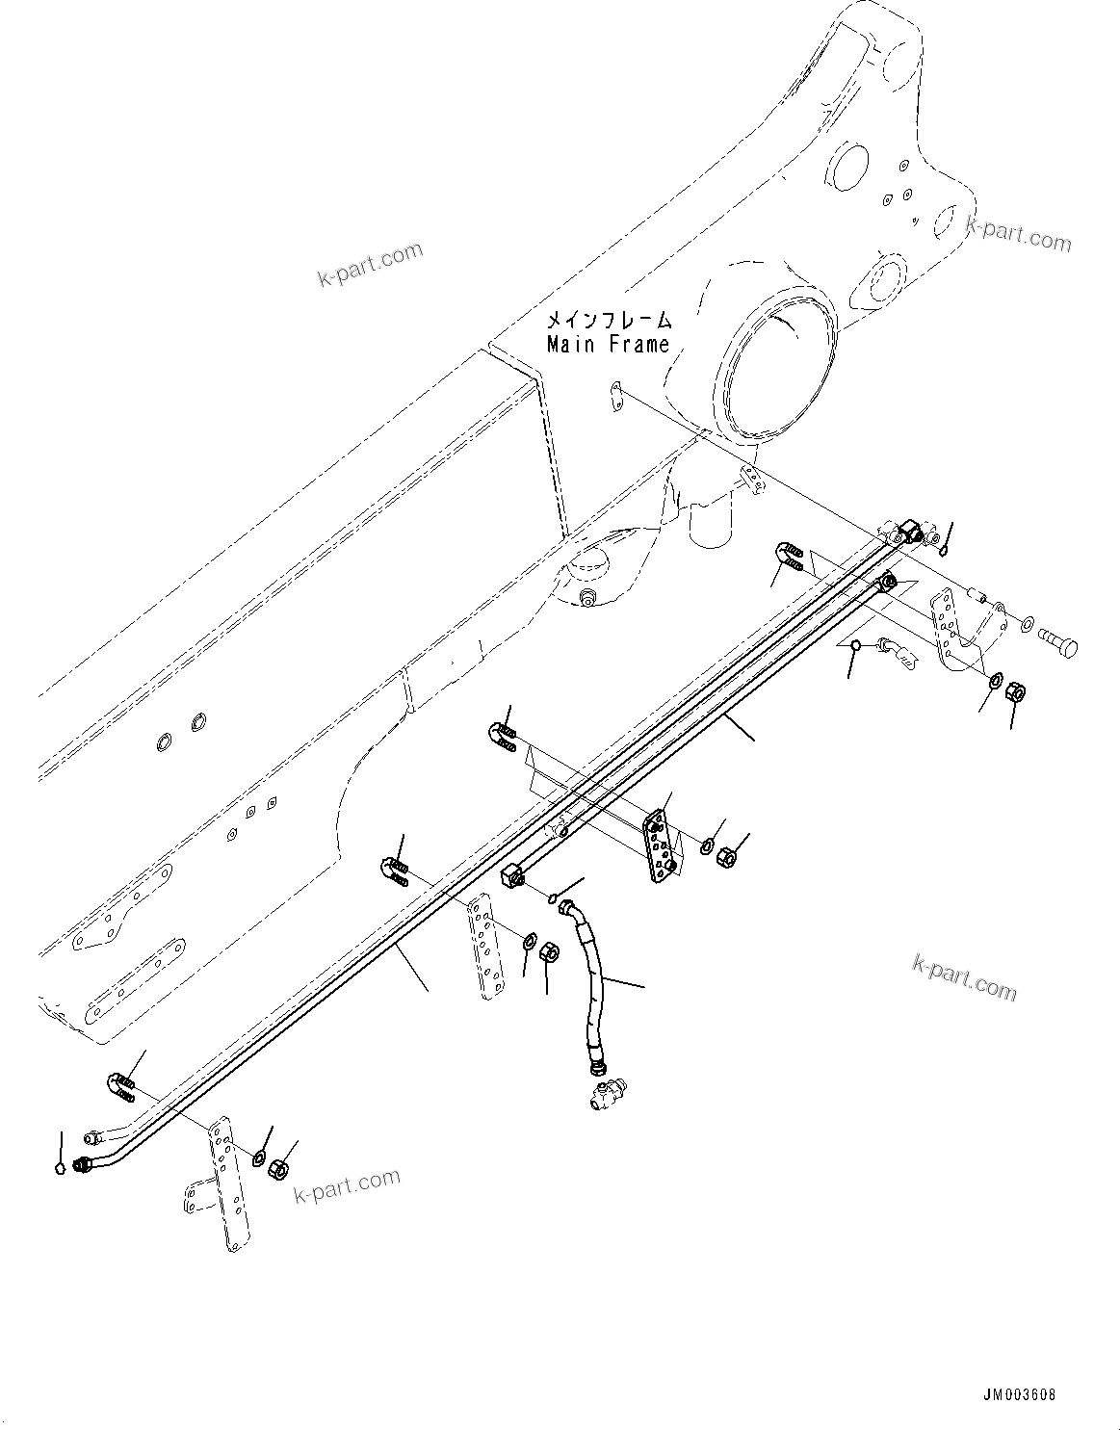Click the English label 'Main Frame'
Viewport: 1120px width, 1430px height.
[x=608, y=345]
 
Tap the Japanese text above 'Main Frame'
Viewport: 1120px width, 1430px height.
[x=608, y=320]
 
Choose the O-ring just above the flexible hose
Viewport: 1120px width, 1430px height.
[x=553, y=898]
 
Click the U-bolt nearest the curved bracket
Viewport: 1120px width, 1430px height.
[x=788, y=556]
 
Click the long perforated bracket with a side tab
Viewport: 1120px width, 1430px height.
[x=221, y=1184]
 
